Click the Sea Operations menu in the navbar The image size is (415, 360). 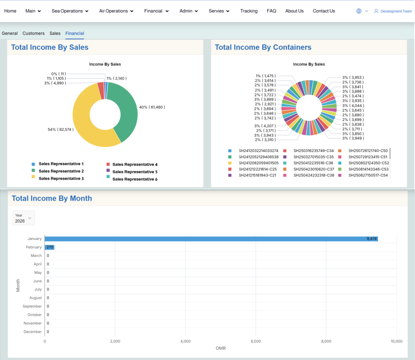point(70,11)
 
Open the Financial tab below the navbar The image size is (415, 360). point(75,33)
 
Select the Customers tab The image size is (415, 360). point(34,33)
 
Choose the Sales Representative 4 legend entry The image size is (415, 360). point(135,164)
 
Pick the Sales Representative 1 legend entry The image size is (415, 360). point(61,164)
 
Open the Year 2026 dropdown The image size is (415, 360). point(24,218)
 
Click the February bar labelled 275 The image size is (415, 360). point(49,247)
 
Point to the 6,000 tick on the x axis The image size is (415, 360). point(255,341)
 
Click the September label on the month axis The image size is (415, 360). point(32,307)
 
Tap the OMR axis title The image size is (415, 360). point(220,348)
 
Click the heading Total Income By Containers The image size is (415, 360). point(263,47)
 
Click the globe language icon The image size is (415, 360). point(359,11)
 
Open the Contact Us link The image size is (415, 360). point(323,11)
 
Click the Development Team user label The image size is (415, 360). point(395,11)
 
